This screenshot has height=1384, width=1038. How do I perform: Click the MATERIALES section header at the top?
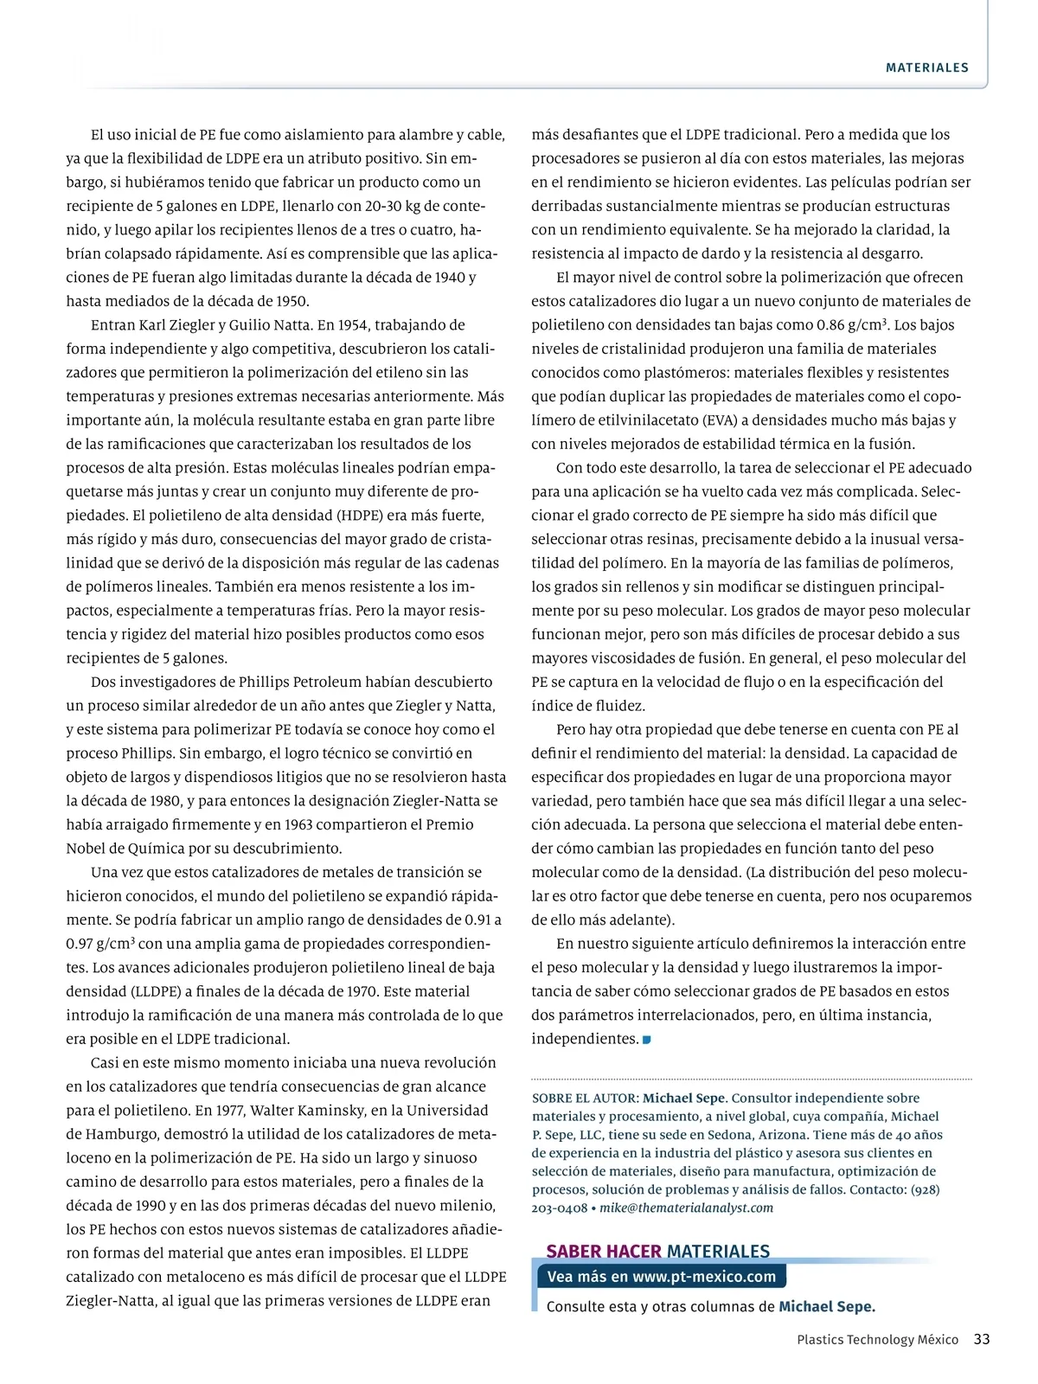tap(926, 67)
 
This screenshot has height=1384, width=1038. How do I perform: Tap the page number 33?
tap(982, 1339)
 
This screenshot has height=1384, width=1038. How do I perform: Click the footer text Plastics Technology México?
tap(877, 1340)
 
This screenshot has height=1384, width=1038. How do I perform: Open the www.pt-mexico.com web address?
tap(704, 1276)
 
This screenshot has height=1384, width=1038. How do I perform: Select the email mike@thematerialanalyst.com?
tap(686, 1208)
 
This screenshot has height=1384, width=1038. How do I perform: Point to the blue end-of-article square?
tap(647, 1039)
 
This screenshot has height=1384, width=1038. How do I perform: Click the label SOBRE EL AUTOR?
tap(585, 1099)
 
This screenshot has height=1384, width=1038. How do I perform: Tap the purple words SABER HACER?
tap(604, 1251)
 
